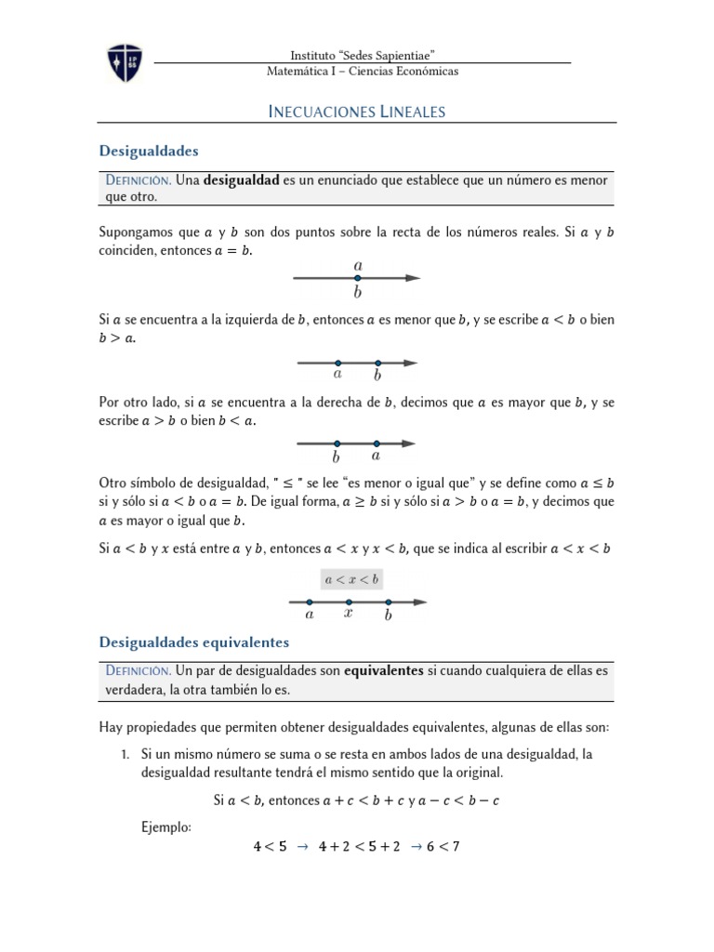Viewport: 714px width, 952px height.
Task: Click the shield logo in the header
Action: coord(125,60)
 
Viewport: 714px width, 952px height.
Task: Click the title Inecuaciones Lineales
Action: coord(357,112)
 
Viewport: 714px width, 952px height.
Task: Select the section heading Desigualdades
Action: coord(149,150)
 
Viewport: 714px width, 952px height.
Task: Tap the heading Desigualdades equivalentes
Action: coord(194,641)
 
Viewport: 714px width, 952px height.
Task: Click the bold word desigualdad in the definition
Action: coord(241,180)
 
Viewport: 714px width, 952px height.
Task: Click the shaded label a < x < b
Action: coord(351,579)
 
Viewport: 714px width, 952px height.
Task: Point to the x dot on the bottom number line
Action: coord(349,602)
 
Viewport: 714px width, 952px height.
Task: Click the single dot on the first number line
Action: coord(358,278)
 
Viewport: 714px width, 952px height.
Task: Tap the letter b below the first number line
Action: coord(358,294)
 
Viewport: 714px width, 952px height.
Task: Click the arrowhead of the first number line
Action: coord(414,278)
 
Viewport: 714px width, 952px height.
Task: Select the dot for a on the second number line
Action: coord(337,363)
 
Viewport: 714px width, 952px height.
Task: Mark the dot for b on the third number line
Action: coord(337,443)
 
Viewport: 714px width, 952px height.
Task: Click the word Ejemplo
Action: coord(166,825)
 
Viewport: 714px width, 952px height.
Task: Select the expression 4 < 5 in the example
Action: coord(270,846)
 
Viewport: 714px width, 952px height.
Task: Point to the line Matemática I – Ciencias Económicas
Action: coord(363,71)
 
